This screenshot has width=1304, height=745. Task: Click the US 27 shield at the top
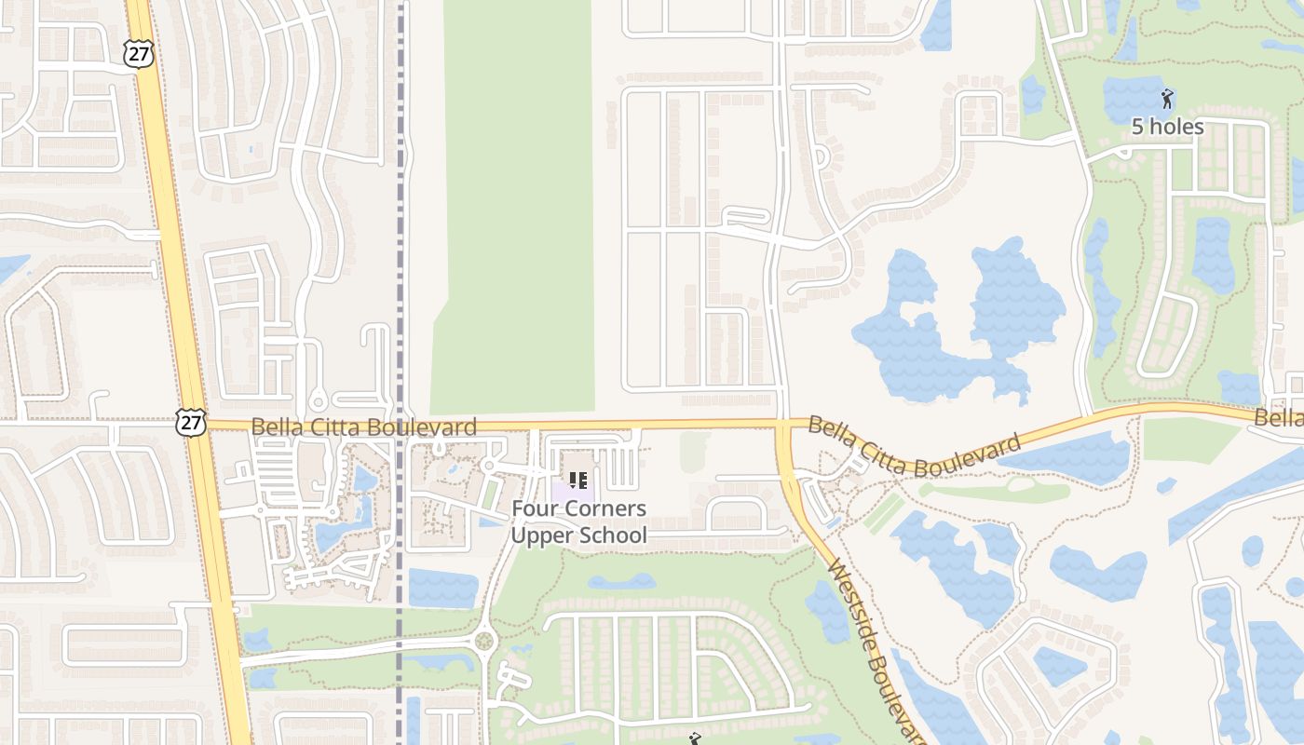pyautogui.click(x=138, y=54)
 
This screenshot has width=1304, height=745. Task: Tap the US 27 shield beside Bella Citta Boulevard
pyautogui.click(x=189, y=423)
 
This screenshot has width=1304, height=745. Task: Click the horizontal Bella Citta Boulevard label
pyautogui.click(x=364, y=427)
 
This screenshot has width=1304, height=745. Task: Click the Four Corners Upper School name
pyautogui.click(x=578, y=521)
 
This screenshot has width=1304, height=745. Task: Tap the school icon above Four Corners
pyautogui.click(x=578, y=481)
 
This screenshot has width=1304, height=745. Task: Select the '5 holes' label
pyautogui.click(x=1167, y=127)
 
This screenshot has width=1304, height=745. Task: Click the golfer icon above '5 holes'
pyautogui.click(x=1167, y=98)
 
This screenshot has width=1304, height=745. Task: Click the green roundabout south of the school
pyautogui.click(x=483, y=641)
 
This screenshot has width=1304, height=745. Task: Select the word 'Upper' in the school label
pyautogui.click(x=541, y=535)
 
